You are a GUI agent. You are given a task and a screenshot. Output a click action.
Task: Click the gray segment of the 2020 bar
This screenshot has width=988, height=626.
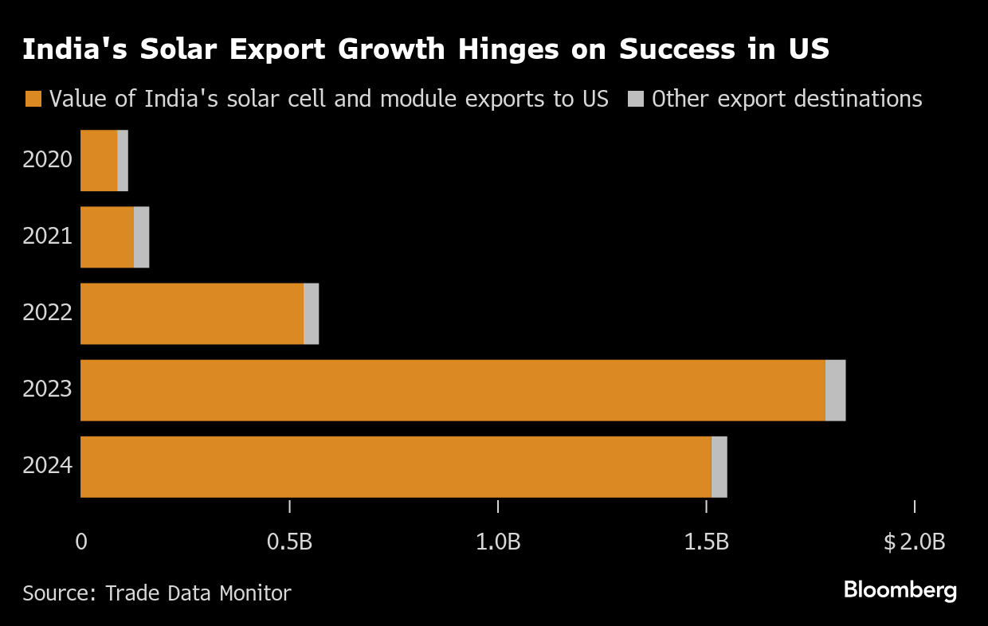pyautogui.click(x=123, y=160)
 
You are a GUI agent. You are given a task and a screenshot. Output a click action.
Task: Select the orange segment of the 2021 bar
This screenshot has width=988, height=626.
pyautogui.click(x=108, y=237)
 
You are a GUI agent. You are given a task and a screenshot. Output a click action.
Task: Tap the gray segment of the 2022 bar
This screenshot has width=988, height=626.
pyautogui.click(x=311, y=314)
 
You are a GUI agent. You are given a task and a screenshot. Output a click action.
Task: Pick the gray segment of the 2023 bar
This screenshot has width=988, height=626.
pyautogui.click(x=835, y=390)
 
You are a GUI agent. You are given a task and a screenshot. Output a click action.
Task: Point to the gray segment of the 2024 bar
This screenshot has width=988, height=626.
pyautogui.click(x=719, y=467)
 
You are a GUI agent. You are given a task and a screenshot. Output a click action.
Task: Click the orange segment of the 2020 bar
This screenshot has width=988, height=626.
pyautogui.click(x=99, y=160)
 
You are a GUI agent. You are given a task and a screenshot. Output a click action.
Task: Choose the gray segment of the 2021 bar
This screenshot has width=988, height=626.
pyautogui.click(x=141, y=237)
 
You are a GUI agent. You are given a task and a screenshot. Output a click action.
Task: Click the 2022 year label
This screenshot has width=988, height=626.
pyautogui.click(x=47, y=313)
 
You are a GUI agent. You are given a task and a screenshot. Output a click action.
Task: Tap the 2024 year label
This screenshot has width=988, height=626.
pyautogui.click(x=47, y=466)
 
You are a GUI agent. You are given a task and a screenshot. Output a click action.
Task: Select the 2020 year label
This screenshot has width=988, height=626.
pyautogui.click(x=47, y=159)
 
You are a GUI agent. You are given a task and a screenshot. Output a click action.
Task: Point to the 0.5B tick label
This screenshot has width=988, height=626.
pyautogui.click(x=289, y=542)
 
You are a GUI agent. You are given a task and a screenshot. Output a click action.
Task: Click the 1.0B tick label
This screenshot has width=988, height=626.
pyautogui.click(x=498, y=542)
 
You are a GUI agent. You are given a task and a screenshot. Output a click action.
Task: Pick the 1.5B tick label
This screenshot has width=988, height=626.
pyautogui.click(x=706, y=542)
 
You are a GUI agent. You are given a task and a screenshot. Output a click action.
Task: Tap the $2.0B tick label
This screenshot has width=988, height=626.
pyautogui.click(x=915, y=542)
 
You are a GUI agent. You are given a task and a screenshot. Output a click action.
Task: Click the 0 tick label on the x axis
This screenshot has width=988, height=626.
pyautogui.click(x=81, y=542)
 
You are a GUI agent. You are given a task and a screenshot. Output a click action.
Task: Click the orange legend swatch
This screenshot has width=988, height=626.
pyautogui.click(x=33, y=99)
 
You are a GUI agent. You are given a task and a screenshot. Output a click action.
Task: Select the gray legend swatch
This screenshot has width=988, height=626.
pyautogui.click(x=636, y=99)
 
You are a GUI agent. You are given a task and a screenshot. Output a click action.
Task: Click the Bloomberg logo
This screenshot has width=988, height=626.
pyautogui.click(x=900, y=591)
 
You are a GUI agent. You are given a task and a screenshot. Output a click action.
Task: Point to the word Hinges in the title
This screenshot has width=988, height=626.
pyautogui.click(x=508, y=49)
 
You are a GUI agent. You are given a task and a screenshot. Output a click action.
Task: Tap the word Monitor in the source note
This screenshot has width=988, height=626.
pyautogui.click(x=256, y=593)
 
